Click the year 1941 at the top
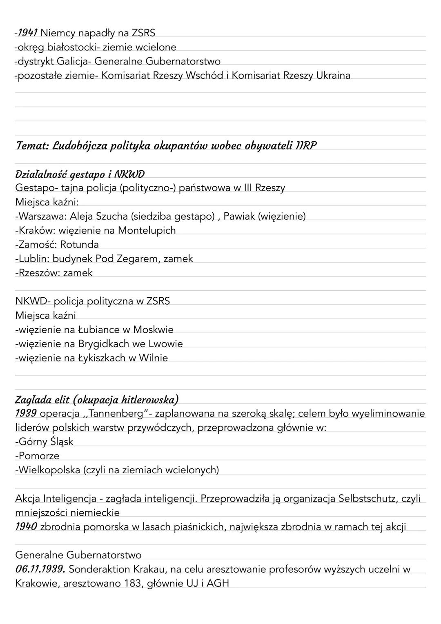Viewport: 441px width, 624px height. (x=27, y=33)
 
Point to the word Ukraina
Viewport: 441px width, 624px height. (x=333, y=75)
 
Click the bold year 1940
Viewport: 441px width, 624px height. (x=26, y=527)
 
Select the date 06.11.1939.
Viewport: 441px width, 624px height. (x=40, y=569)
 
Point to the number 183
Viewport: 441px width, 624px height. (x=132, y=584)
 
